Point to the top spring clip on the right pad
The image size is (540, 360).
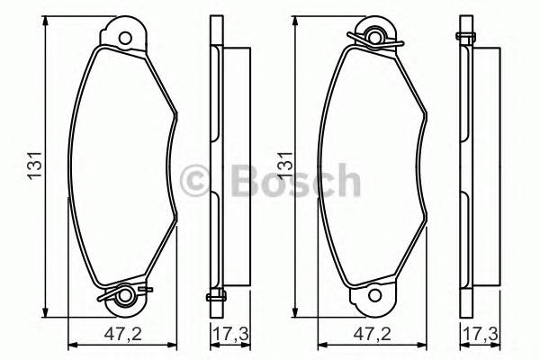(x=375, y=36)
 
